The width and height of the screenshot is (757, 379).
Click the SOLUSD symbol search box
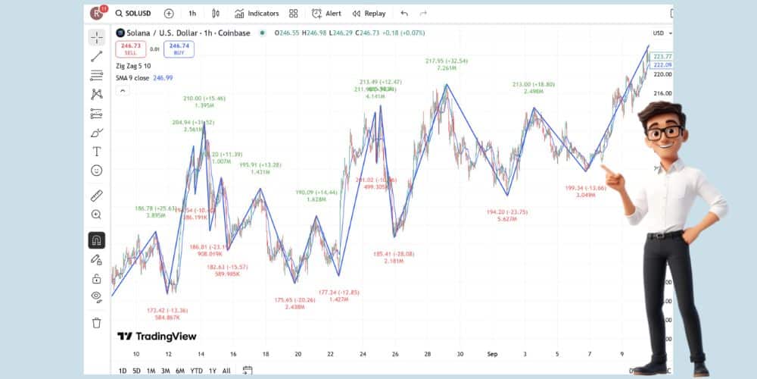pyautogui.click(x=136, y=13)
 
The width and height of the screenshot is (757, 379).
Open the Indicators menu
pyautogui.click(x=257, y=13)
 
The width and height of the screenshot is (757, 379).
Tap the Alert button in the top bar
pyautogui.click(x=326, y=13)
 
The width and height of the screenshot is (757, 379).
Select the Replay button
pyautogui.click(x=369, y=13)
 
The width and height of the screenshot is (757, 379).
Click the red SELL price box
pyautogui.click(x=130, y=49)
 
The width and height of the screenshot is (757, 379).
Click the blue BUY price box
pyautogui.click(x=179, y=49)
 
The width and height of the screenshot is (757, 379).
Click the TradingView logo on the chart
pyautogui.click(x=157, y=337)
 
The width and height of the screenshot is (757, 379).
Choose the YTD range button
pyautogui.click(x=196, y=371)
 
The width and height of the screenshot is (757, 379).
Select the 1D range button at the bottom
pyautogui.click(x=122, y=371)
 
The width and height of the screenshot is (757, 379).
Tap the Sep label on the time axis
pyautogui.click(x=491, y=354)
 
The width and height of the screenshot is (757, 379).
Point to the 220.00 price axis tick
pyautogui.click(x=662, y=74)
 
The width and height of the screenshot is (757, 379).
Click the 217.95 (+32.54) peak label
pyautogui.click(x=447, y=61)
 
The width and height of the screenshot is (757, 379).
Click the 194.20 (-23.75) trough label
pyautogui.click(x=507, y=212)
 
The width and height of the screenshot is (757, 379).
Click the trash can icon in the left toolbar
pyautogui.click(x=96, y=323)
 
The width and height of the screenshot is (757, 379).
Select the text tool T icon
pyautogui.click(x=96, y=152)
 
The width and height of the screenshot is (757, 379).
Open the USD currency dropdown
pyautogui.click(x=659, y=33)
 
